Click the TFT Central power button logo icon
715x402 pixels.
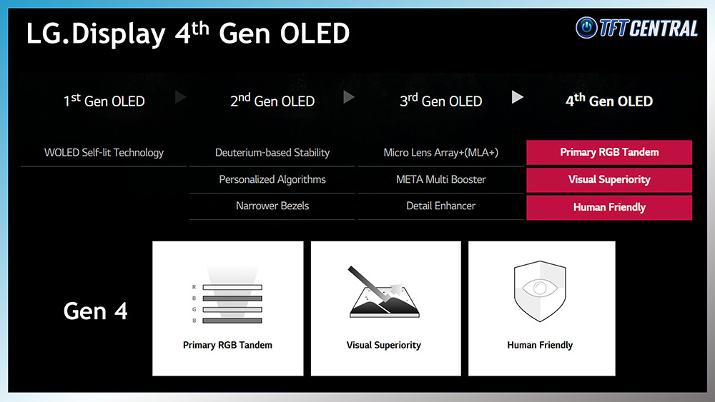586,27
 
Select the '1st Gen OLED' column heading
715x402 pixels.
104,100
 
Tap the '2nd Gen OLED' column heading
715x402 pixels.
272,100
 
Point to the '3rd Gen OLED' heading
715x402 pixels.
440,100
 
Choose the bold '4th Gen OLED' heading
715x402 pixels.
609,100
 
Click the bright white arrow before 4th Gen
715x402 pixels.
517,97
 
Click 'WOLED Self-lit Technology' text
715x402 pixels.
104,153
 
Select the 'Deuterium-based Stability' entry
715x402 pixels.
272,153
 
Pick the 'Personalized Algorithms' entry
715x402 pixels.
272,179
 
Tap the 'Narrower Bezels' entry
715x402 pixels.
272,206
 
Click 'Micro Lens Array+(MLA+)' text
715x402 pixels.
440,153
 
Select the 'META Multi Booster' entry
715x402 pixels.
440,179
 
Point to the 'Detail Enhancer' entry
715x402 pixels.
440,206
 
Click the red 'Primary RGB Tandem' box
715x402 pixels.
609,152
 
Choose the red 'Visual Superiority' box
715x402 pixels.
609,180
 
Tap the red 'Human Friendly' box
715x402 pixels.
609,208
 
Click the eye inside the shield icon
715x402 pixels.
540,288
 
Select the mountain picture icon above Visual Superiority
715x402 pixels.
384,292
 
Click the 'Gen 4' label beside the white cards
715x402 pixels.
95,311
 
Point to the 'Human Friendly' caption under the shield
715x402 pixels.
540,345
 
